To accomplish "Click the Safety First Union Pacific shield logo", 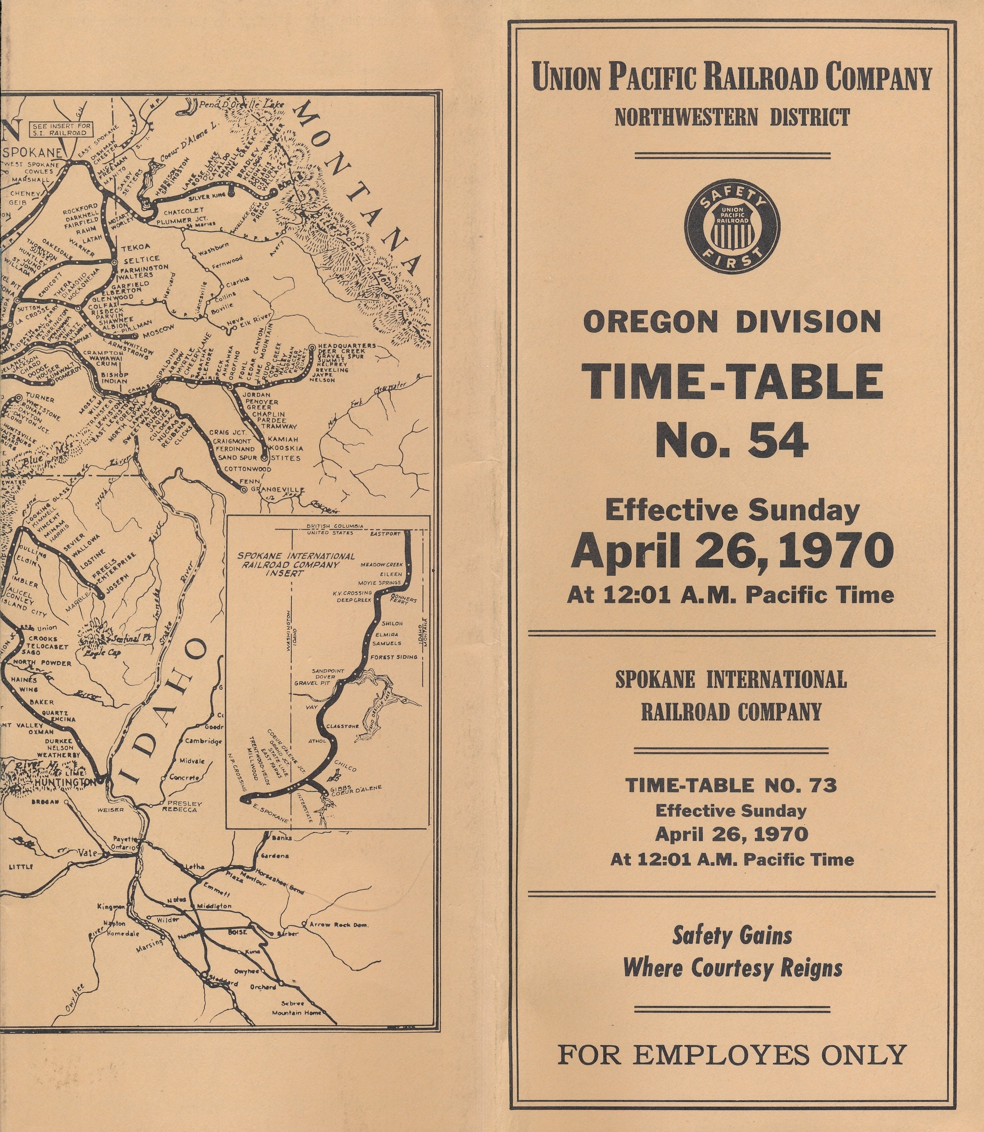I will [732, 226].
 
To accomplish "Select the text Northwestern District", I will [732, 117].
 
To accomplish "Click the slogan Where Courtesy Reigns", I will [733, 968].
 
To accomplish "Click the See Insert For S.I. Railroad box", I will [62, 129].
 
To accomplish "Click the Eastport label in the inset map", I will [385, 533].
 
